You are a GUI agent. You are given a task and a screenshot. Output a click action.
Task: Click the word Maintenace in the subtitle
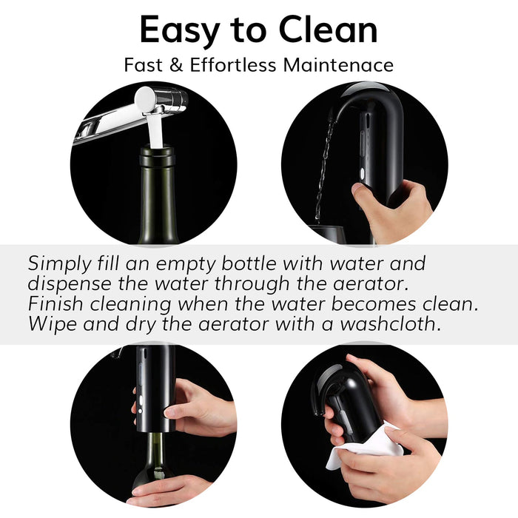pos(338,65)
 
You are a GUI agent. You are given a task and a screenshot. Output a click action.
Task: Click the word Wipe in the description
pos(49,324)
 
